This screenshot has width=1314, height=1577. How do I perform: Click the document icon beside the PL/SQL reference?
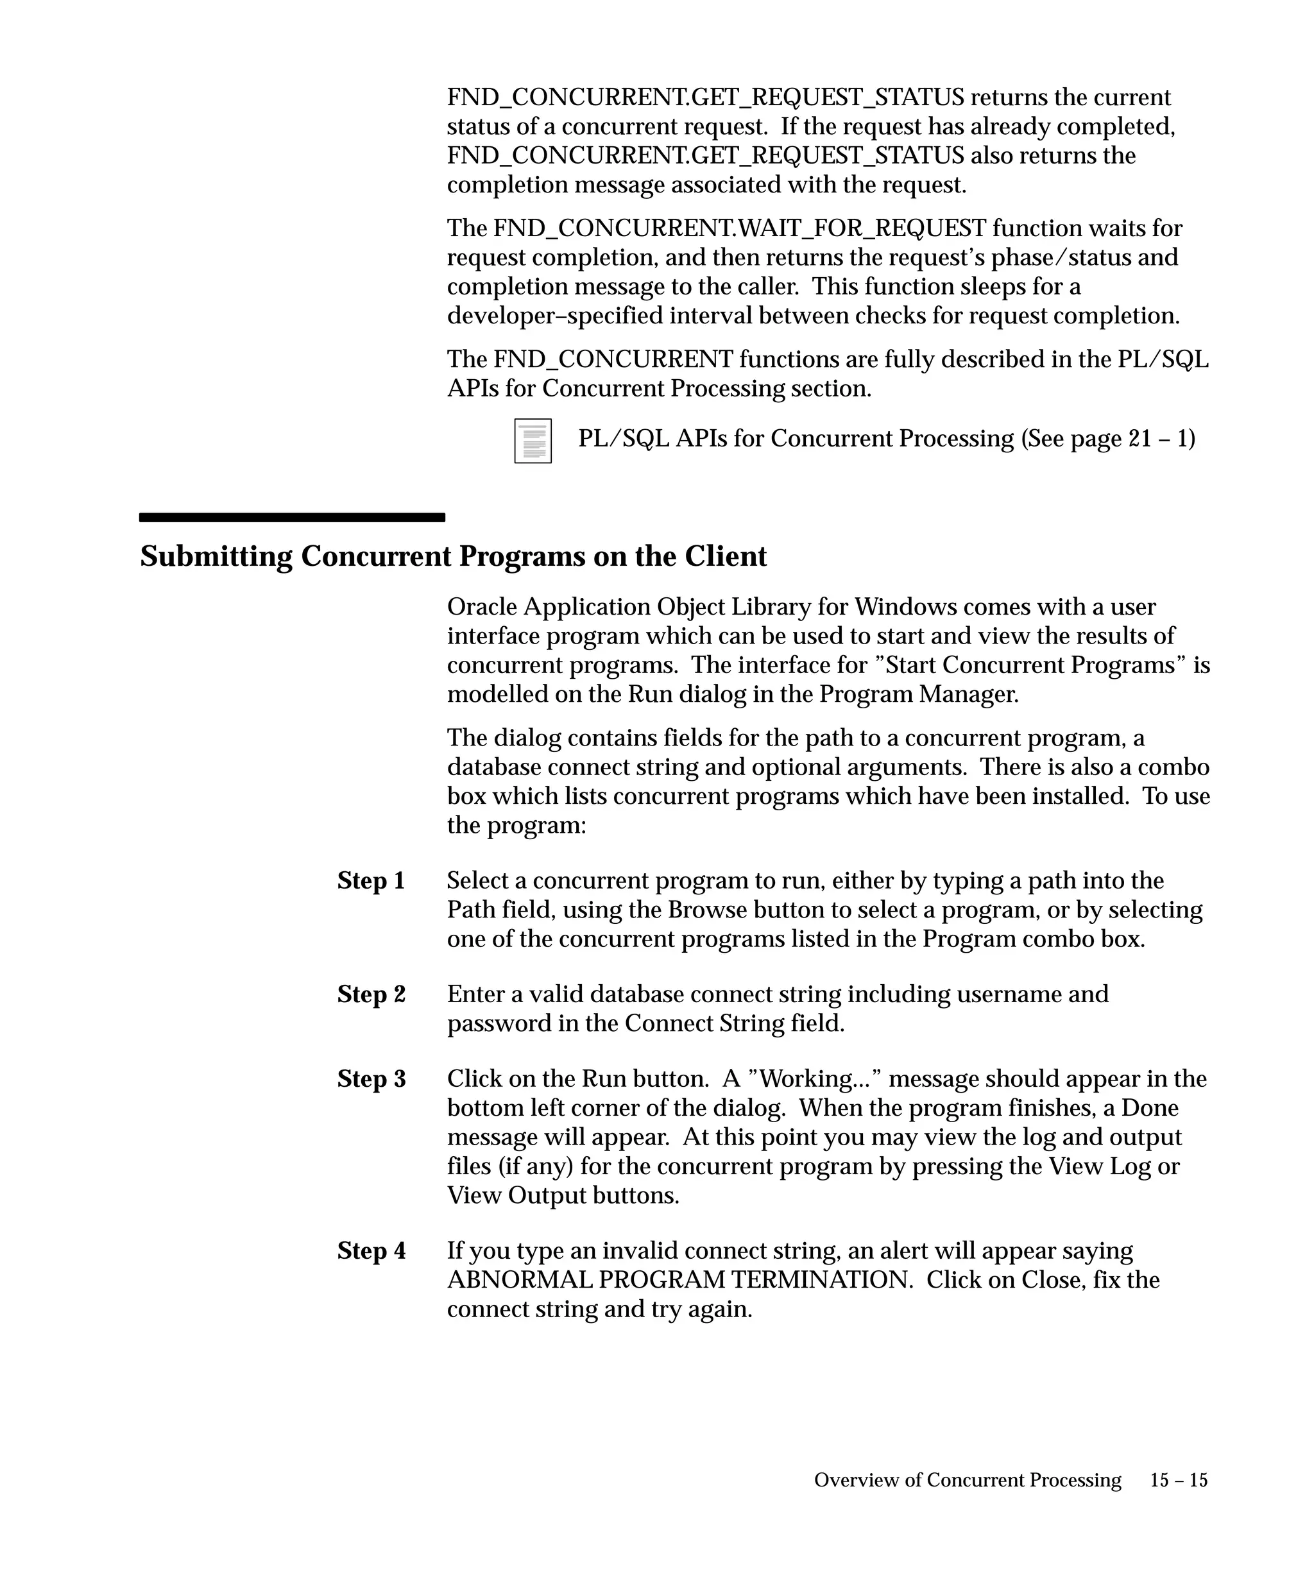533,441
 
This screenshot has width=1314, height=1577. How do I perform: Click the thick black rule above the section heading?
292,517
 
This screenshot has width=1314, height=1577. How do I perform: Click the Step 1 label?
371,881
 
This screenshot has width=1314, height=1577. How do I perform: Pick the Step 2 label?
371,994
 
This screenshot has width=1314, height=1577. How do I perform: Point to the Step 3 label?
371,1079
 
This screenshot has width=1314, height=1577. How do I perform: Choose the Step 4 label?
371,1251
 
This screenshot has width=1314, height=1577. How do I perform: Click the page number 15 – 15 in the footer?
1179,1480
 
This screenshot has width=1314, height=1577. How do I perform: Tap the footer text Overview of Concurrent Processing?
967,1480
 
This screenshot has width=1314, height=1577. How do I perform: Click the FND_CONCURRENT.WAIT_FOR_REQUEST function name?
740,228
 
